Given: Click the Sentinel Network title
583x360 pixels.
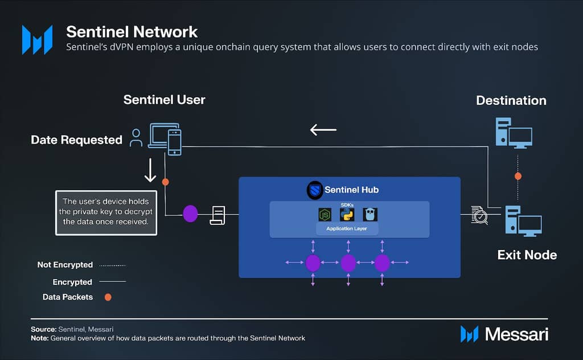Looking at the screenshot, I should point(132,31).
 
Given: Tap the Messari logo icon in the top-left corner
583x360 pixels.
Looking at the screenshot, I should point(37,39).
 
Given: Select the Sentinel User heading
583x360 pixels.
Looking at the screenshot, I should point(164,100).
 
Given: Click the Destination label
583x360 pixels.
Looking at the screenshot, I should point(511,101).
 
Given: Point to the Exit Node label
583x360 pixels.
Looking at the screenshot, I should point(527,255).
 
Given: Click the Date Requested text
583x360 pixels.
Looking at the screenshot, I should point(76,140).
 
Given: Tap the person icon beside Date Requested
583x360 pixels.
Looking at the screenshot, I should point(136,137).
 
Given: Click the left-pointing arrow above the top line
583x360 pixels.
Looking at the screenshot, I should point(323,130).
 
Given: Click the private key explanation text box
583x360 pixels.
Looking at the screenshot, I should point(105,212).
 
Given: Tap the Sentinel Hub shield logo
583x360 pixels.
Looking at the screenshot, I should point(314,190).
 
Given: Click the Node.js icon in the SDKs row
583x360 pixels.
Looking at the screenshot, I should point(325,215).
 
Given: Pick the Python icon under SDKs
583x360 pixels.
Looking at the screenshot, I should point(347,215).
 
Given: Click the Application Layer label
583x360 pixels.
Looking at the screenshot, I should point(346,228).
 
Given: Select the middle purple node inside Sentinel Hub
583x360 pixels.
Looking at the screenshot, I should point(348,263).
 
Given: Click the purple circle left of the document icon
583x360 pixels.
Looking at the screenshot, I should point(190,214).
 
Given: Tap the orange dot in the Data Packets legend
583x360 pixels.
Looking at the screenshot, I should point(108,297).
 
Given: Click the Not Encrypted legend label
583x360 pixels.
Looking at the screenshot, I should point(65,265).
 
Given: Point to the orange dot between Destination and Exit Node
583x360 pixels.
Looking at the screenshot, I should point(518,176).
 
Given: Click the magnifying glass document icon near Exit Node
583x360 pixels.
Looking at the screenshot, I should point(479,215).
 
